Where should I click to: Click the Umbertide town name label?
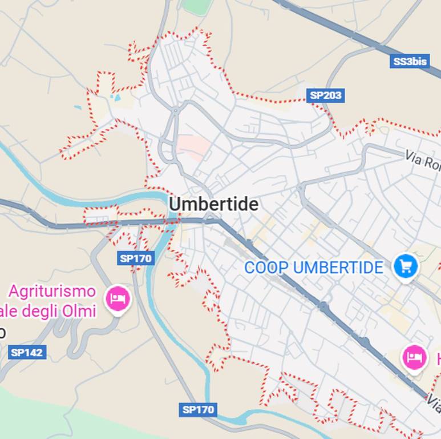(213, 204)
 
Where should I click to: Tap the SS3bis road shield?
(410, 62)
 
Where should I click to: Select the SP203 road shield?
(326, 95)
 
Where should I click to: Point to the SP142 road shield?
(27, 352)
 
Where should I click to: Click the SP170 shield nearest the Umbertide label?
(136, 258)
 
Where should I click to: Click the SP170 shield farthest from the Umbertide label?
(198, 409)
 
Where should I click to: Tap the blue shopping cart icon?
(406, 266)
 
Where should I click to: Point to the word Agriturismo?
(52, 292)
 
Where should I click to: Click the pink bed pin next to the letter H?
(415, 357)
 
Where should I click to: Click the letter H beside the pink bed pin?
(438, 359)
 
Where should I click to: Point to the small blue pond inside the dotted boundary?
(117, 98)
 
